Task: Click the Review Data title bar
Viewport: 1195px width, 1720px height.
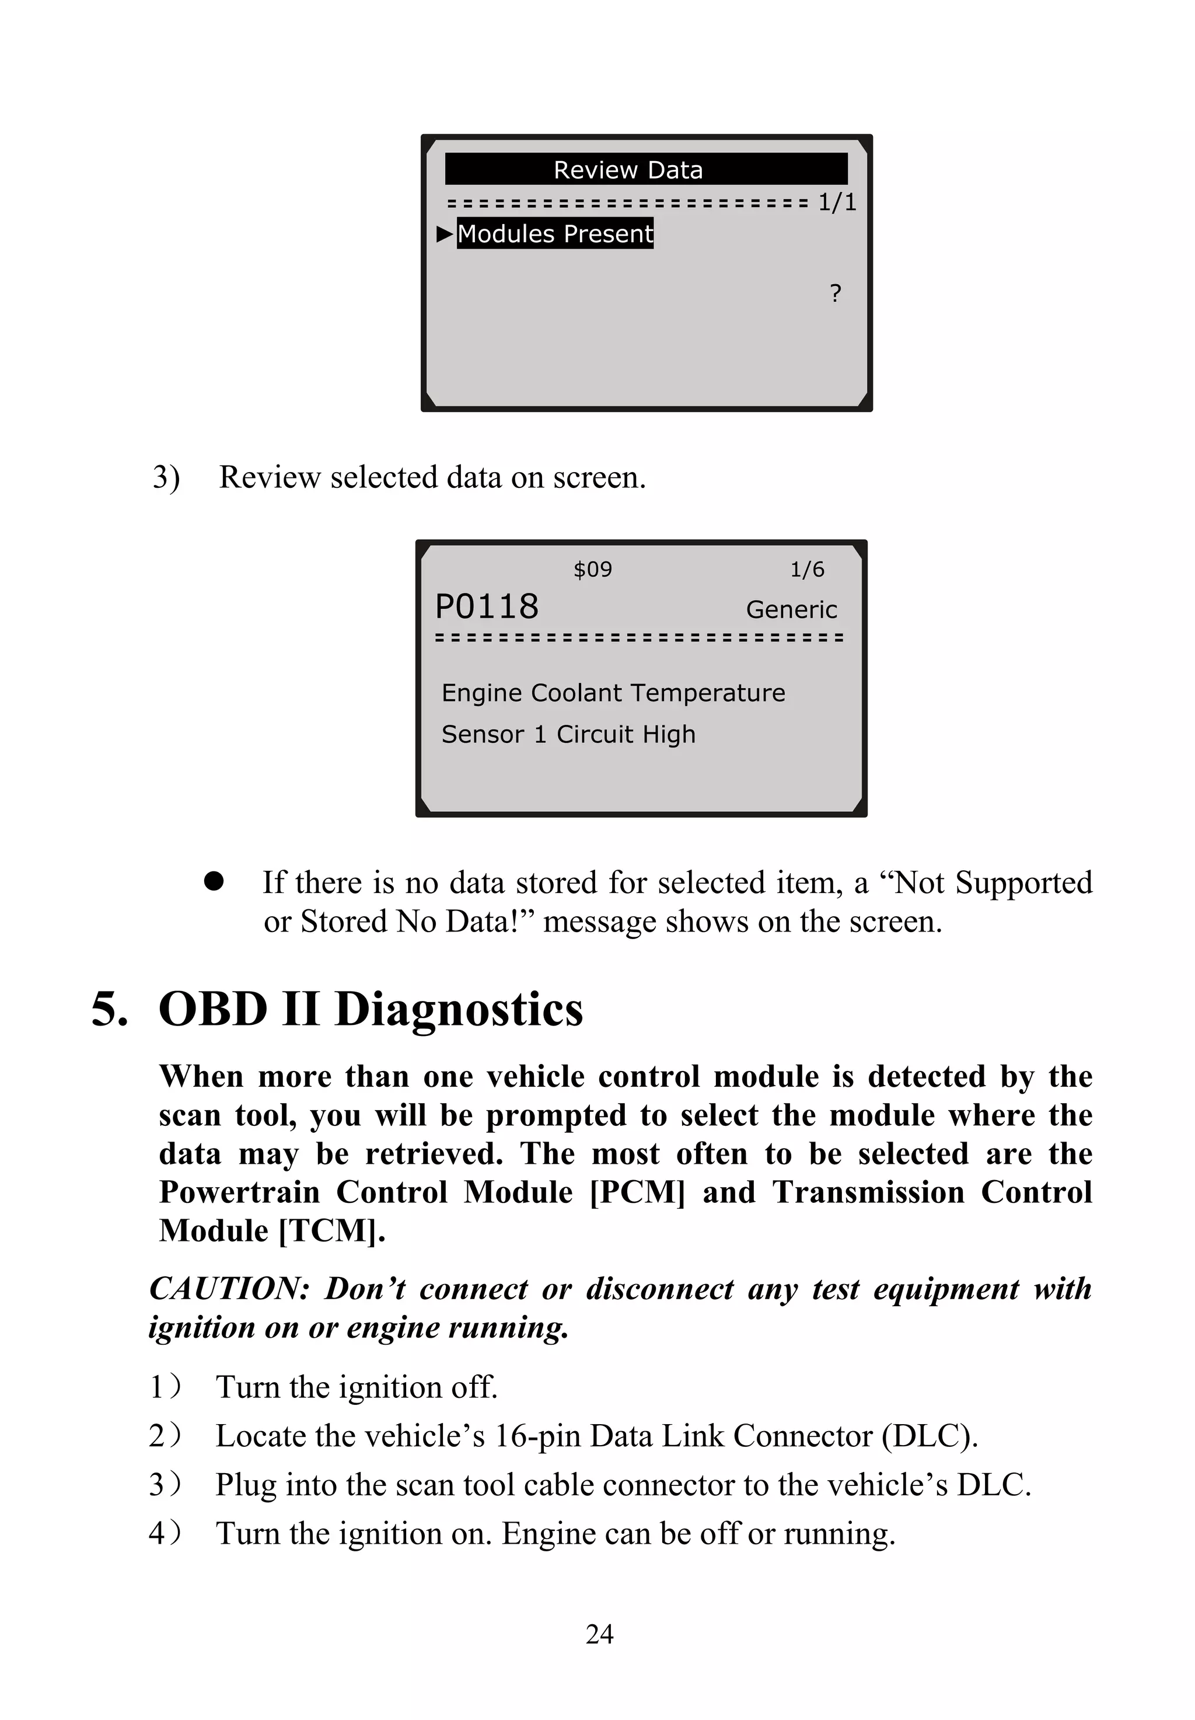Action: tap(645, 169)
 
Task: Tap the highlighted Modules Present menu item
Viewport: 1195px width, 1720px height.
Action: tap(555, 233)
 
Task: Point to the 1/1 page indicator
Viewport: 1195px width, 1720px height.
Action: tap(836, 202)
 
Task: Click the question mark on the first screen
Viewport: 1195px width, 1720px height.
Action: tap(836, 293)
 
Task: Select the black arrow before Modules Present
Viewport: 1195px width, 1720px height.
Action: tap(445, 233)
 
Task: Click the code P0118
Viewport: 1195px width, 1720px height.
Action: tap(487, 606)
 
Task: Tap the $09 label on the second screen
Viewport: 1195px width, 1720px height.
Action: tap(592, 570)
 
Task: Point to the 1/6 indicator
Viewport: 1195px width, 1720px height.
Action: tap(807, 570)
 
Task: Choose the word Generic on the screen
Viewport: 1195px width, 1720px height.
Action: tap(791, 609)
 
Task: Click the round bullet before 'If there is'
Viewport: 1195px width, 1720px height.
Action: tap(214, 881)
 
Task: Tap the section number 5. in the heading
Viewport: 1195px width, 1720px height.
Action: tap(109, 1009)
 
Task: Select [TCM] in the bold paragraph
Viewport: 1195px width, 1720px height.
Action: tap(331, 1230)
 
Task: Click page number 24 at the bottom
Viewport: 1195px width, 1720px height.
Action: tap(599, 1633)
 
